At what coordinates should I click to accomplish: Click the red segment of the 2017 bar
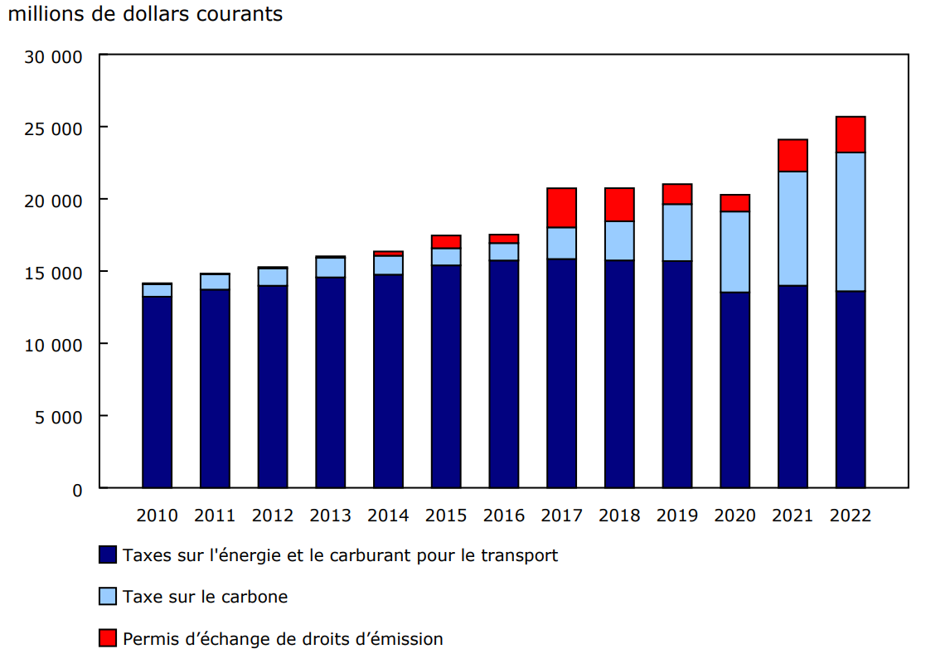click(x=561, y=208)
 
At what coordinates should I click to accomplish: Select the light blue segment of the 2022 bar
click(x=851, y=221)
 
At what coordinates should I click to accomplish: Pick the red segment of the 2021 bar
click(x=793, y=156)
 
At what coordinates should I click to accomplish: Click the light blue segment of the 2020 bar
click(x=734, y=252)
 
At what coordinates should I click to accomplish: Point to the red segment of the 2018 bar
click(x=619, y=205)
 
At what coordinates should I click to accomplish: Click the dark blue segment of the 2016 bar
click(x=504, y=374)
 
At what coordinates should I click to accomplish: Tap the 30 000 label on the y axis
click(x=54, y=56)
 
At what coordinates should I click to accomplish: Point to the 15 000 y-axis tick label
click(x=54, y=272)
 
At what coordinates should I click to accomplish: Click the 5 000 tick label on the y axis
click(x=59, y=416)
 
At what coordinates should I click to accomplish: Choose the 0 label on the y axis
click(x=77, y=489)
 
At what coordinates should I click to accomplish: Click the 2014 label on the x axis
click(x=388, y=515)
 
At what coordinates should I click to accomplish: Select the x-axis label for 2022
click(x=851, y=515)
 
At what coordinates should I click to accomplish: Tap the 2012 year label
click(x=273, y=515)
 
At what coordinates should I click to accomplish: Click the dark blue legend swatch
click(x=107, y=555)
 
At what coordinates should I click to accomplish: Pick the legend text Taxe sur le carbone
click(x=205, y=597)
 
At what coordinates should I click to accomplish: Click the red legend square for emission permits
click(x=107, y=637)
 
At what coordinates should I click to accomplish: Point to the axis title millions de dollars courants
click(x=145, y=14)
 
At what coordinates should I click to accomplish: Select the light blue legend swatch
click(x=107, y=596)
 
